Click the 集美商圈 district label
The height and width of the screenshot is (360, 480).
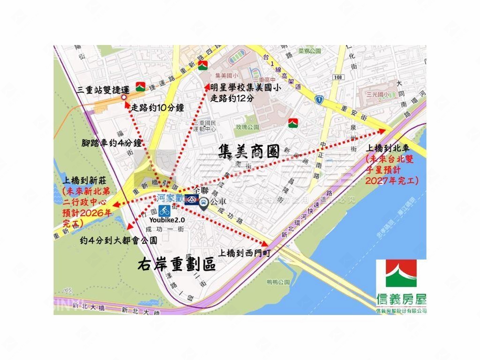click(x=249, y=151)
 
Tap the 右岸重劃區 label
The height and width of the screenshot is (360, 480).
click(x=177, y=265)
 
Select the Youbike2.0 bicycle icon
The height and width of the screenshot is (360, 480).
click(x=164, y=210)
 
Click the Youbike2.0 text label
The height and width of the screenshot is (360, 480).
click(x=167, y=219)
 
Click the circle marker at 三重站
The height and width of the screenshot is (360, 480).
click(x=124, y=97)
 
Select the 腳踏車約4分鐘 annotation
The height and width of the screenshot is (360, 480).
click(x=112, y=142)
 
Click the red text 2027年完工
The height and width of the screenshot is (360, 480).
click(x=390, y=180)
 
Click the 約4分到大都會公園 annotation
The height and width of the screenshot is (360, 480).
click(x=118, y=240)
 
